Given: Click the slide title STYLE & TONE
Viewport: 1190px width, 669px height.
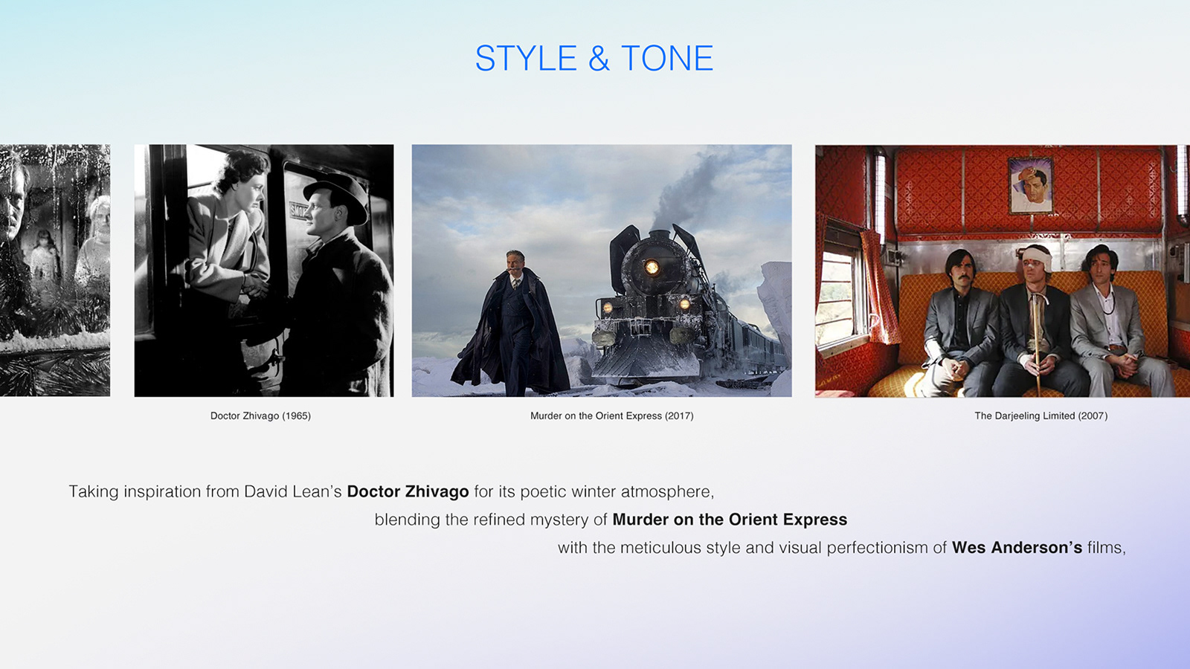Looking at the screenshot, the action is click(x=594, y=58).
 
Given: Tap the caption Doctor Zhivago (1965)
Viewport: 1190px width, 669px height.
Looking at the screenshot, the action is click(x=260, y=416).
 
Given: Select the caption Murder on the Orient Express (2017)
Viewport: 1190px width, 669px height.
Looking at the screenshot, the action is click(x=611, y=416).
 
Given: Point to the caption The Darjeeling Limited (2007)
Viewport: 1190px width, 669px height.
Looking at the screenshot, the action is click(x=1041, y=416).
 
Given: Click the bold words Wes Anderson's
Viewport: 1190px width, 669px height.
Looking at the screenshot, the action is click(x=1017, y=547).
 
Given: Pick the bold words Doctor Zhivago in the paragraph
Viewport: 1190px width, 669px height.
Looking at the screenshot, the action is click(x=408, y=491).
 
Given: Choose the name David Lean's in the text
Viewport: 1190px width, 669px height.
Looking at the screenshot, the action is click(x=293, y=491).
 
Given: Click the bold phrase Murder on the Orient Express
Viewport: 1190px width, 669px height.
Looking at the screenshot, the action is click(x=730, y=520).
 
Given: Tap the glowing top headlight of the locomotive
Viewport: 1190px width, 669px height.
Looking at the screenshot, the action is click(x=652, y=267).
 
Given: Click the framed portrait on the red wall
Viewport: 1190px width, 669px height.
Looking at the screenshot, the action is click(x=1031, y=185).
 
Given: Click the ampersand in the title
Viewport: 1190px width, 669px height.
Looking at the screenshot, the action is click(x=599, y=59).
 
